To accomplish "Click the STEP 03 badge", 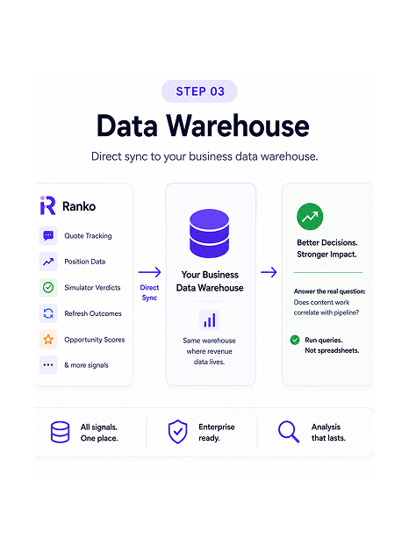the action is [x=199, y=91].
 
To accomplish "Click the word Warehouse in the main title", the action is [x=238, y=126].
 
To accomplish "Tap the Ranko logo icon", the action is [x=47, y=205].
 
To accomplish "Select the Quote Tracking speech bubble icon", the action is [x=48, y=235].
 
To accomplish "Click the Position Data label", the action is [x=84, y=262].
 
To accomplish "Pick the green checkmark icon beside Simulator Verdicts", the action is [x=48, y=287].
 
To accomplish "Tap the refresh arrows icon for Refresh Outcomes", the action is [x=48, y=313].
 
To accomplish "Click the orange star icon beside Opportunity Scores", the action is [x=48, y=340].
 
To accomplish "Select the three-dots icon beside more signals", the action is [x=48, y=365].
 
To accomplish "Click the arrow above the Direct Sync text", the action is [x=149, y=272].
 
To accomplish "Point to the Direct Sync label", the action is [x=149, y=292].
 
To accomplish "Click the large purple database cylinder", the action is [x=210, y=233].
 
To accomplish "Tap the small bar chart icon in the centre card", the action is [x=210, y=320].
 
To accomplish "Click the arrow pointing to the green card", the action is [x=269, y=272].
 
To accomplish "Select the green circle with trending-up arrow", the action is [x=310, y=216].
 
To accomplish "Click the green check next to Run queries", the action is [x=295, y=340].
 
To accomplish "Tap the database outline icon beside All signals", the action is [x=60, y=432].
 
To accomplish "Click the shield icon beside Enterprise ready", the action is [x=177, y=432].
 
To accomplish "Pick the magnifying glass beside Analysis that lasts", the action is [x=289, y=432].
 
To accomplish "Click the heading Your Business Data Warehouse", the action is [x=210, y=281].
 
